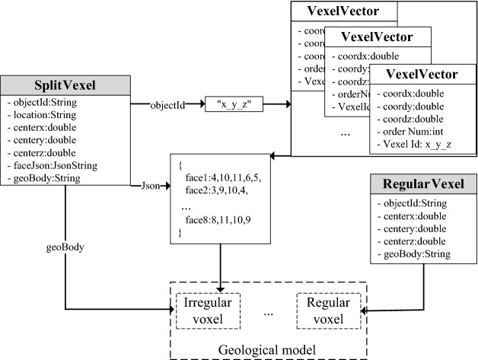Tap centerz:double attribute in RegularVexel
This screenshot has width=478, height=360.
(413, 241)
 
